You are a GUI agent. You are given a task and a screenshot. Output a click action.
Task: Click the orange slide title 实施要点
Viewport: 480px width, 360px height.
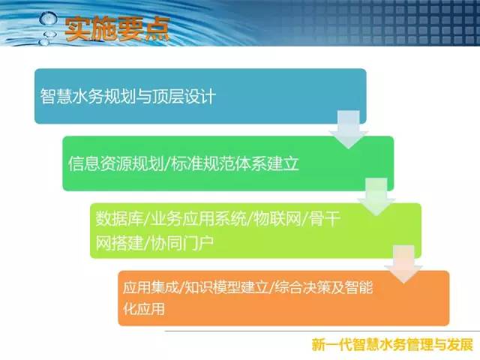[x=117, y=28]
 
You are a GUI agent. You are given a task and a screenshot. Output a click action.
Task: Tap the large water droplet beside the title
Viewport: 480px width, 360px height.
[x=48, y=19]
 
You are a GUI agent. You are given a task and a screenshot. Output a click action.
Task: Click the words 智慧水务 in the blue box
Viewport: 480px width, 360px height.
[x=72, y=96]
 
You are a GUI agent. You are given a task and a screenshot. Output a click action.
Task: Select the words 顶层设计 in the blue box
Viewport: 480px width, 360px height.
[x=184, y=96]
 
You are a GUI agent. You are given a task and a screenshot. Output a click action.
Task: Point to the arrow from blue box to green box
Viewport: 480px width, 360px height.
[x=348, y=130]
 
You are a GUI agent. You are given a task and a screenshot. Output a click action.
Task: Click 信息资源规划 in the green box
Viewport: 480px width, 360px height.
[x=115, y=163]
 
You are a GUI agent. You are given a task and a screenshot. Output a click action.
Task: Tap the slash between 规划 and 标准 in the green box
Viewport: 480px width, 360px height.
[x=167, y=163]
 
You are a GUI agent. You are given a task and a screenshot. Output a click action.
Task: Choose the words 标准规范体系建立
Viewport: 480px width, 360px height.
[x=235, y=163]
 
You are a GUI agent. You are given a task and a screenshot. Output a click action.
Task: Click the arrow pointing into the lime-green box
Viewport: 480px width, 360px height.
[x=376, y=197]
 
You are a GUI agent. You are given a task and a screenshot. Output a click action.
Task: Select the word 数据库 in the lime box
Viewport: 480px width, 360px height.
[x=120, y=218]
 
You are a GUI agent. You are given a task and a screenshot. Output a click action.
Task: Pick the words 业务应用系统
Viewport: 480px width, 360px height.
[x=198, y=218]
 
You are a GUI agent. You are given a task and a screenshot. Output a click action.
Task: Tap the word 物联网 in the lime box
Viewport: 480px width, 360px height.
[x=277, y=218]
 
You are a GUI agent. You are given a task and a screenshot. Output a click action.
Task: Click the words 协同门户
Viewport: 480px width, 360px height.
[x=182, y=243]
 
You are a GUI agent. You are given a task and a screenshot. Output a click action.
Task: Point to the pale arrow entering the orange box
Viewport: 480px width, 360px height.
[x=403, y=264]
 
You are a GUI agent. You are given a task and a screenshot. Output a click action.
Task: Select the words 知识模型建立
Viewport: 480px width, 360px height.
[x=226, y=287]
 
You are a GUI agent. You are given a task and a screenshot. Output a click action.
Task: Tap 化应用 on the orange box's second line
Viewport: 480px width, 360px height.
[x=144, y=308]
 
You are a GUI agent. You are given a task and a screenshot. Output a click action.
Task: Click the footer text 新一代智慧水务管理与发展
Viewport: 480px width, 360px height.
[x=392, y=345]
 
